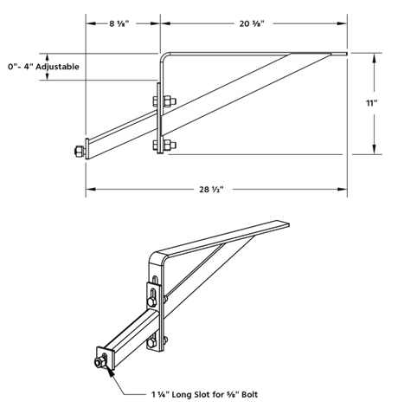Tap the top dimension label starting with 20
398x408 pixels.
click(x=251, y=23)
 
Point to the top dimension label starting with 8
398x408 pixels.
click(x=120, y=23)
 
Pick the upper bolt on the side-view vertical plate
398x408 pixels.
click(x=164, y=105)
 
